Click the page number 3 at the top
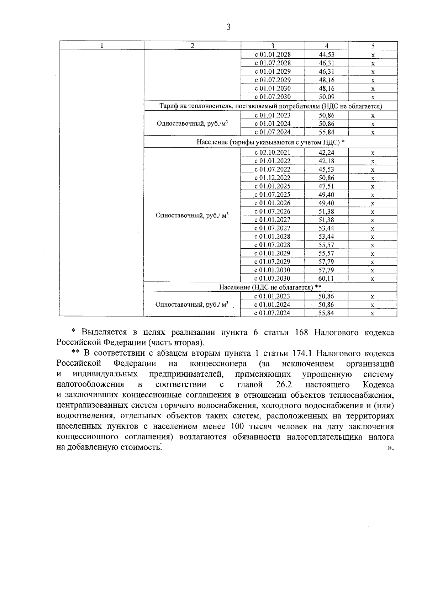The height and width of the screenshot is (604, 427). tap(228, 27)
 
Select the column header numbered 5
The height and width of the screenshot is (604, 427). tap(373, 46)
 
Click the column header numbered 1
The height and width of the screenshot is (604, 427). tap(102, 46)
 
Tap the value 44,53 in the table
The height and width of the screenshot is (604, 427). tap(326, 55)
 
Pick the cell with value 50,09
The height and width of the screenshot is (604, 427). tap(326, 97)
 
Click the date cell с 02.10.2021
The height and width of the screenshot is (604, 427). tap(273, 153)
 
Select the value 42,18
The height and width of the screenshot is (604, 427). tap(326, 161)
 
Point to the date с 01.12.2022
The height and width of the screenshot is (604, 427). tap(273, 178)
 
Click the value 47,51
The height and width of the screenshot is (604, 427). tap(326, 186)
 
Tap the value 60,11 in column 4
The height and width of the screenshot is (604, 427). tap(326, 279)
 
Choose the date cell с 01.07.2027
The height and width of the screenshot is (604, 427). tap(273, 228)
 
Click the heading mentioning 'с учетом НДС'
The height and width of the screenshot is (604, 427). tap(270, 142)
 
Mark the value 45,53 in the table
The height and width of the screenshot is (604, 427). tap(326, 169)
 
